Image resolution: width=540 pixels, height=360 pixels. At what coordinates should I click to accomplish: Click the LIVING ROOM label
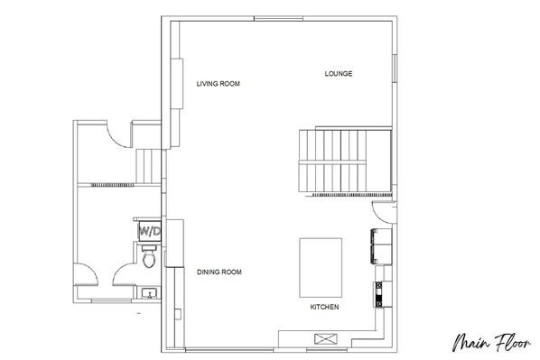click(x=218, y=84)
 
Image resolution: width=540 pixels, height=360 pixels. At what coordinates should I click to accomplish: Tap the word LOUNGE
click(x=339, y=73)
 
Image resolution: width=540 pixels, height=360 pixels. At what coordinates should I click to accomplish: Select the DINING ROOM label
click(x=219, y=272)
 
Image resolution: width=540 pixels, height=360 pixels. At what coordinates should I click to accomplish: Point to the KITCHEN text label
click(x=324, y=307)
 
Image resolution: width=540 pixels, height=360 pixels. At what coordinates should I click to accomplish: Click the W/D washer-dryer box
click(x=150, y=231)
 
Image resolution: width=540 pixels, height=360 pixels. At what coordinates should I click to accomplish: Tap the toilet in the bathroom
click(x=149, y=256)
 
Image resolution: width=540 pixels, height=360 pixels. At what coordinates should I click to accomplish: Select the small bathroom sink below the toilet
click(x=150, y=293)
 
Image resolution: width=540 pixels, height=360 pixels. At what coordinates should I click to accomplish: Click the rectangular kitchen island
click(x=321, y=267)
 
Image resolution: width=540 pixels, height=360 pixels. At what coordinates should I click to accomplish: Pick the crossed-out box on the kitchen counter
click(x=326, y=338)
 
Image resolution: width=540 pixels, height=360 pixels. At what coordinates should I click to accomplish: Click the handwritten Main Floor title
click(x=491, y=342)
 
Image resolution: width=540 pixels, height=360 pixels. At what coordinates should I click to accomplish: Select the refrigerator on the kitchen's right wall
click(x=381, y=246)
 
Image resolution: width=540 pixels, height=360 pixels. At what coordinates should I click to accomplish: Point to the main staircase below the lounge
click(x=345, y=162)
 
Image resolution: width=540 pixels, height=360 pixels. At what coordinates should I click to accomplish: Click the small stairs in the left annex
click(x=148, y=167)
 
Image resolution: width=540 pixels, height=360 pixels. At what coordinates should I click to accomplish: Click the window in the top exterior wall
click(x=278, y=18)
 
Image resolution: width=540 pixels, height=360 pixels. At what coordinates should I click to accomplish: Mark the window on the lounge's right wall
click(x=395, y=69)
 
